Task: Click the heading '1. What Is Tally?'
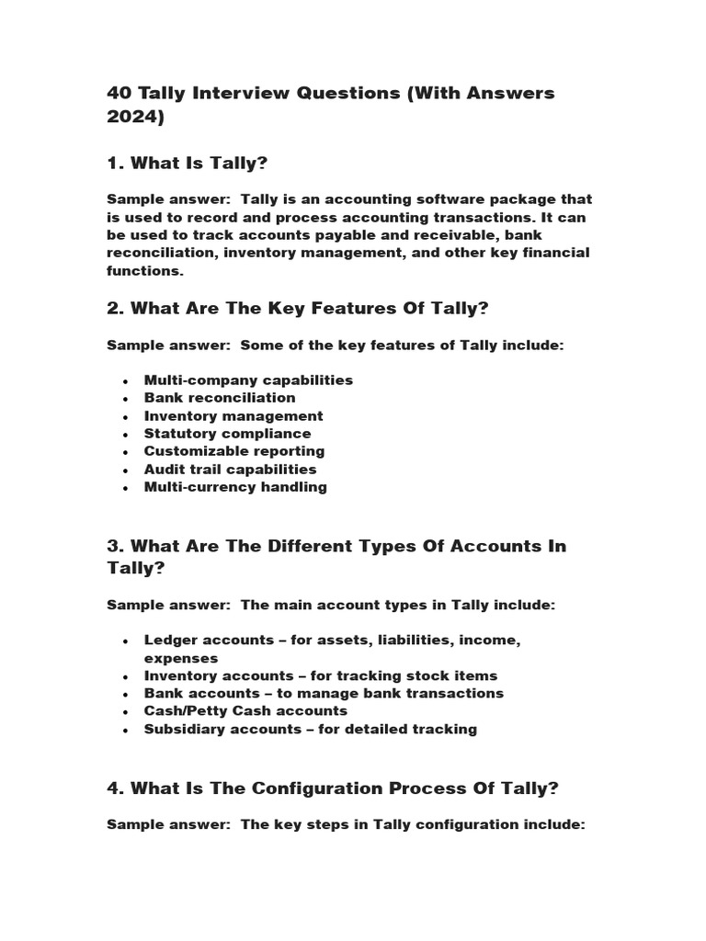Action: point(187,163)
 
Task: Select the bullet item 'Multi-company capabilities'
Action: point(248,380)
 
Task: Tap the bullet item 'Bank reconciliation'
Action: point(220,398)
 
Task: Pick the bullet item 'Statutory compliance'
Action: point(227,434)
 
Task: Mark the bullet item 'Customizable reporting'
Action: point(234,451)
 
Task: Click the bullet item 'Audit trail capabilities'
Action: point(230,470)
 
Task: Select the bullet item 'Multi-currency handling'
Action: point(235,487)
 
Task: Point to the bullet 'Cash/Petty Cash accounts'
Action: point(245,711)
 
